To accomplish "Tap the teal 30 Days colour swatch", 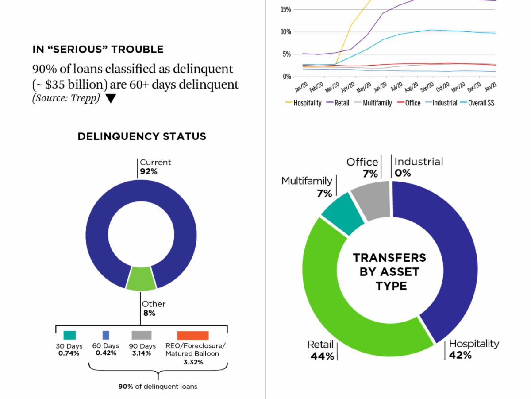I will click(x=69, y=335).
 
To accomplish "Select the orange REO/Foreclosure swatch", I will click(x=192, y=335).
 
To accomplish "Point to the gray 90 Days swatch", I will click(x=142, y=335).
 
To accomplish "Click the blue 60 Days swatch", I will click(x=106, y=335).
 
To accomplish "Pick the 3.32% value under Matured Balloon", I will click(x=193, y=362).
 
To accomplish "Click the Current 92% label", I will click(x=155, y=167).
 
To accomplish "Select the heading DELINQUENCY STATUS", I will click(x=142, y=136).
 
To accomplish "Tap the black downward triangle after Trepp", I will click(x=111, y=99).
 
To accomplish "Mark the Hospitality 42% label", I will click(x=473, y=349).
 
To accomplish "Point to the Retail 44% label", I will click(x=321, y=350).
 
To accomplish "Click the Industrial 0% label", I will click(x=418, y=167).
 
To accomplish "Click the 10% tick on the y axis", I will click(x=285, y=32).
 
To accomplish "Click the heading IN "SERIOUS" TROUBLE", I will click(x=98, y=50).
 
